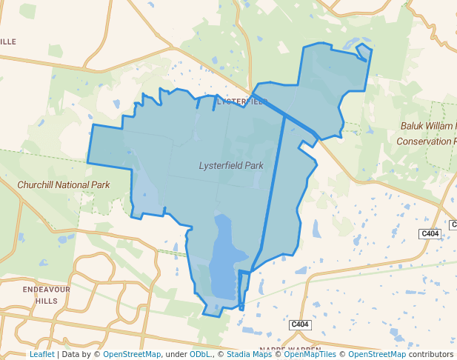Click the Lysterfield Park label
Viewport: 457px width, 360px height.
(x=231, y=166)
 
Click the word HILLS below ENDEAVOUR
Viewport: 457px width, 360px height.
(x=46, y=301)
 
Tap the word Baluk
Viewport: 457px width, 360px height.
(x=413, y=126)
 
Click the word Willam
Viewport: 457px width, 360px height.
(x=443, y=126)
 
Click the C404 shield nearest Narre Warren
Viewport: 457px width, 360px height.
(x=299, y=324)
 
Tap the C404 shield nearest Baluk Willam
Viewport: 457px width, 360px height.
(x=430, y=234)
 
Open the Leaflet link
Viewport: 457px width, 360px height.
(x=41, y=354)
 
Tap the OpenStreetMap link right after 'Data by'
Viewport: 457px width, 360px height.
(x=131, y=354)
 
